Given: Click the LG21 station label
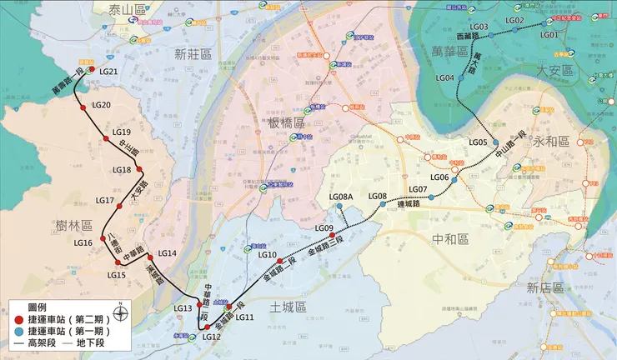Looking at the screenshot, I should click(108, 72).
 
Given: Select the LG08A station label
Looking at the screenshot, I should click(342, 197).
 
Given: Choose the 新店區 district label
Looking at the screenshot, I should click(545, 287).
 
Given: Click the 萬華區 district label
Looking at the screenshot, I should click(452, 52).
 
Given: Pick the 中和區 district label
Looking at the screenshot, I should click(450, 239).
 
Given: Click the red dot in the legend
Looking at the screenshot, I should click(18, 319).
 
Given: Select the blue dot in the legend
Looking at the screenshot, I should click(18, 331).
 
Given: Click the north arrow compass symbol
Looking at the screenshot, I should click(122, 313).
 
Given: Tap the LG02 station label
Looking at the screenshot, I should click(515, 20).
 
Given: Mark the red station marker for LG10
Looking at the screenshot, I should click(280, 262).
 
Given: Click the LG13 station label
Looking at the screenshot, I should click(183, 308).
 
